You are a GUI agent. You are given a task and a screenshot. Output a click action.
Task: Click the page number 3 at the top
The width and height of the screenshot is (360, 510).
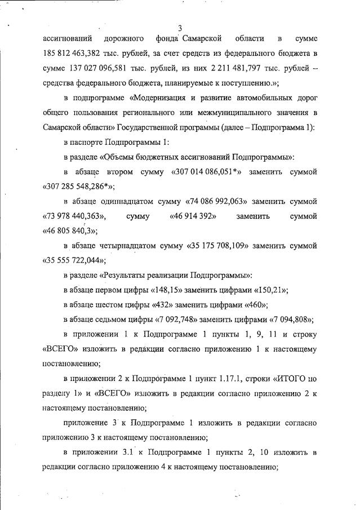tap(180, 28)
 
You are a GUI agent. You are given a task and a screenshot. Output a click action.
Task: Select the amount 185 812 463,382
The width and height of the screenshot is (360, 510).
tap(75, 54)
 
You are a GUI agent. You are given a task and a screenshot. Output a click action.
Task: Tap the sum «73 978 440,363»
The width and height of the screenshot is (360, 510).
tap(75, 216)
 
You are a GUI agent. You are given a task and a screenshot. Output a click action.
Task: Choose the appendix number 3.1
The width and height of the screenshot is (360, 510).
tap(131, 452)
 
